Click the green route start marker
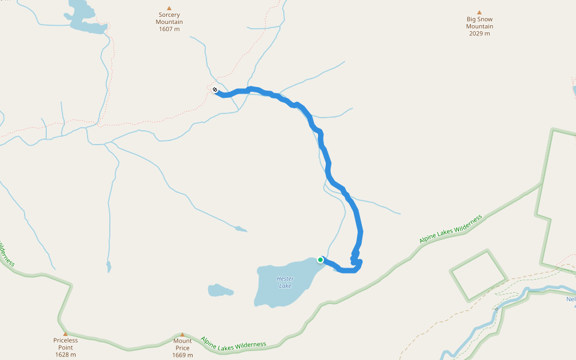tap(320, 260)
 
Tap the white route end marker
tap(215, 90)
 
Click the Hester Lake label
tap(286, 282)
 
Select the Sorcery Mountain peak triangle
tap(169, 8)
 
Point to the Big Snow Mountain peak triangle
tap(479, 13)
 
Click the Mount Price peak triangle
tap(182, 335)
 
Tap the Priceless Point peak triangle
tap(65, 334)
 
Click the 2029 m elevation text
tap(479, 34)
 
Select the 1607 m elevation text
tap(169, 29)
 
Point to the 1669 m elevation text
tap(182, 355)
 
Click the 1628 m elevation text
tap(65, 355)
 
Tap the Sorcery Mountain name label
tap(169, 19)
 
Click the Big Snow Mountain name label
tap(479, 23)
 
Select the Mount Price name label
tap(182, 344)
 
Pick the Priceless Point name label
tap(65, 344)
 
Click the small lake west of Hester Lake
tap(220, 291)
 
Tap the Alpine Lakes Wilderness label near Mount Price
tap(233, 343)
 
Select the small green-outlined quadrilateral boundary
tap(478, 275)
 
